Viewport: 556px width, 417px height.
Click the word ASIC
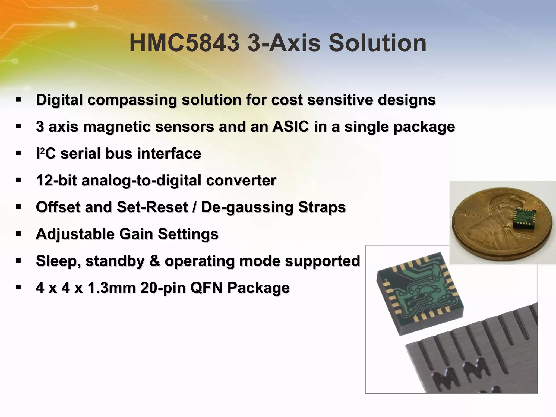pos(290,127)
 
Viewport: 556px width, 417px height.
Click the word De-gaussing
pos(247,207)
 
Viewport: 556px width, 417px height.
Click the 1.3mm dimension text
pos(111,288)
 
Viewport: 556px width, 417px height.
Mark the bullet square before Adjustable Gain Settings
pos(18,233)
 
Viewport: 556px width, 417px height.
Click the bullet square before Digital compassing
pos(18,99)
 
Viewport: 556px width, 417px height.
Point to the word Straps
pos(322,207)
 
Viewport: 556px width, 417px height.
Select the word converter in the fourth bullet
pos(241,180)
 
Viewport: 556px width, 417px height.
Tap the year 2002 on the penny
pos(528,236)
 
